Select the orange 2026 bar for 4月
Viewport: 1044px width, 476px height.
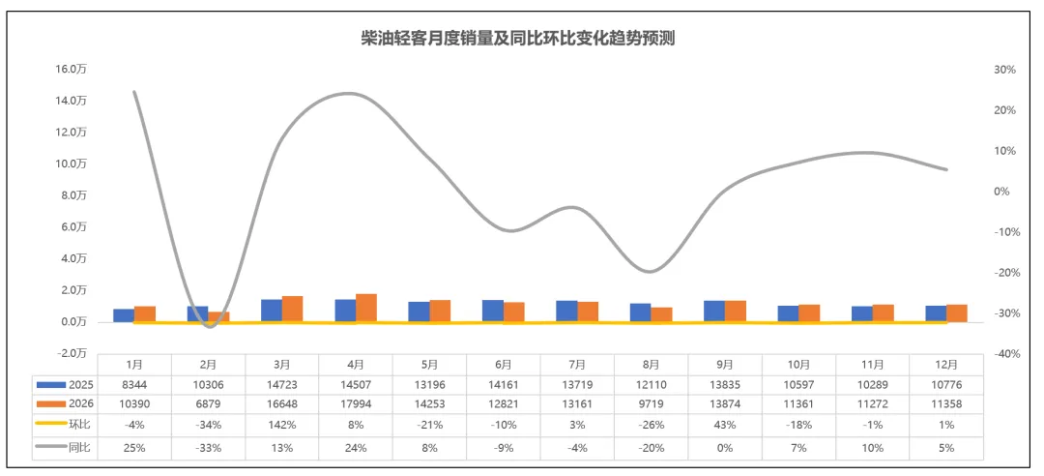pyautogui.click(x=366, y=308)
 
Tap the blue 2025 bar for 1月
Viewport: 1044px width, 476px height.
pyautogui.click(x=124, y=315)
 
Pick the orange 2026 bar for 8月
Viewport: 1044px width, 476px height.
pyautogui.click(x=661, y=314)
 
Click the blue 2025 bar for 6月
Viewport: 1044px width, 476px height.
pyautogui.click(x=492, y=311)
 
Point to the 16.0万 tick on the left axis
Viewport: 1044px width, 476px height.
pyautogui.click(x=72, y=70)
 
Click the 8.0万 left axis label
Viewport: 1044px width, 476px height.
pyautogui.click(x=73, y=195)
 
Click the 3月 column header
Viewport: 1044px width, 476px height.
pyautogui.click(x=283, y=365)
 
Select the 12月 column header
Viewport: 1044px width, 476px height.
pyautogui.click(x=946, y=365)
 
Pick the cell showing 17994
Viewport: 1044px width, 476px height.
pyautogui.click(x=356, y=402)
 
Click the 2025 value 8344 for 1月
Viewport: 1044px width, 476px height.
pyautogui.click(x=135, y=384)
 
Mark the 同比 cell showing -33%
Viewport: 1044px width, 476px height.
pyautogui.click(x=209, y=448)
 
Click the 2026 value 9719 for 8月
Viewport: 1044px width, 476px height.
pyautogui.click(x=651, y=402)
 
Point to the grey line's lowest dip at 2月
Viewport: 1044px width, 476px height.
pyautogui.click(x=210, y=325)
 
